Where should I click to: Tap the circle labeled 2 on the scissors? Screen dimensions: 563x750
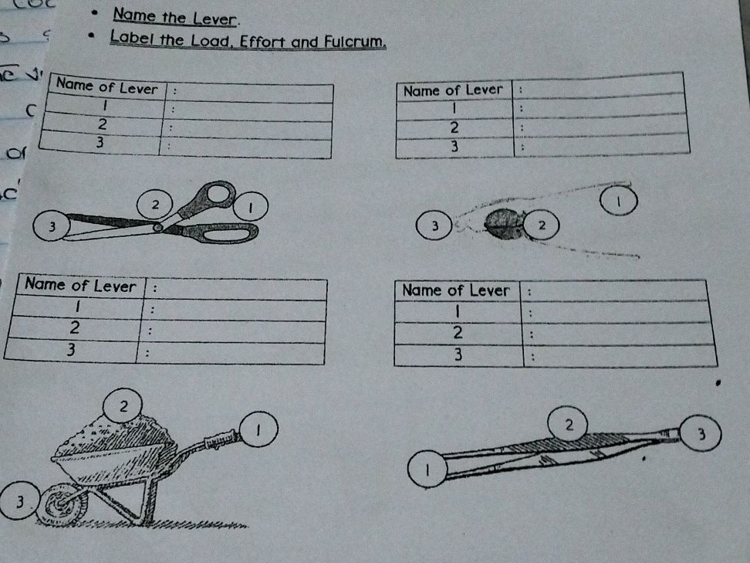click(156, 205)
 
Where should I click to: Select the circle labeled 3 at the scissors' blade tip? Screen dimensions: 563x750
click(50, 226)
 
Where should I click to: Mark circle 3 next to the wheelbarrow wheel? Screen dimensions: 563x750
click(17, 503)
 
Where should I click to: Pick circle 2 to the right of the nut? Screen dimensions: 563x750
click(542, 226)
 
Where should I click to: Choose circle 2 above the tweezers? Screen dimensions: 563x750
click(568, 424)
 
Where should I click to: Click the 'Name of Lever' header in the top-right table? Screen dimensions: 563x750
click(453, 90)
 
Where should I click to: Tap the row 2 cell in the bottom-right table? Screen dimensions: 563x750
click(458, 334)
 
